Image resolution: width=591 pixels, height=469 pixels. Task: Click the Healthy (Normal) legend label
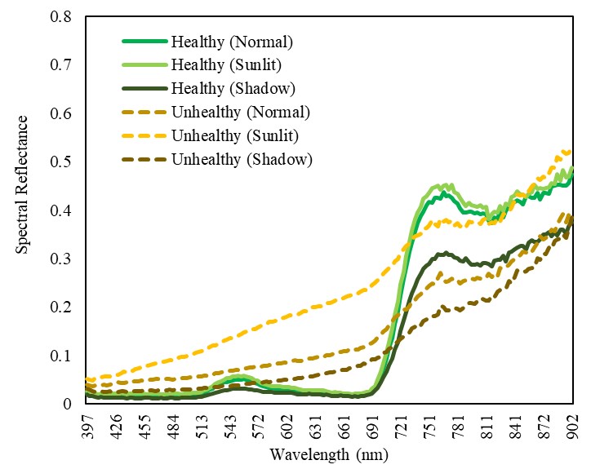coord(232,41)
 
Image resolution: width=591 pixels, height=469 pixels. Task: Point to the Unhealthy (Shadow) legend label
coord(242,159)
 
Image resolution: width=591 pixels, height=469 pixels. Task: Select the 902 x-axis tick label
coord(574,424)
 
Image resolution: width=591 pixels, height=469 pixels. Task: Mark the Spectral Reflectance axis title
coord(23,184)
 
